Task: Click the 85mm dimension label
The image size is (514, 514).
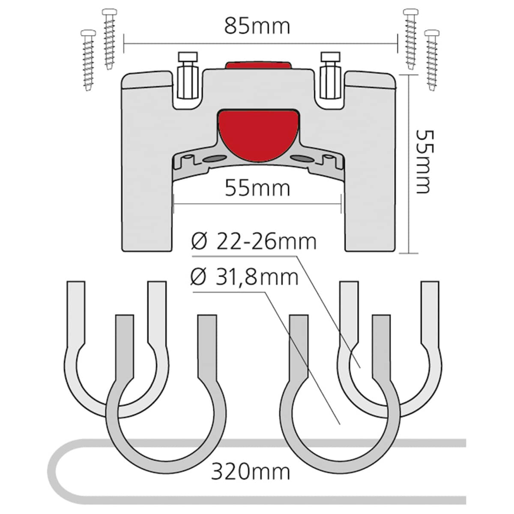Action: click(257, 27)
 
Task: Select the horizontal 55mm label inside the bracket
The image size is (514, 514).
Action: click(257, 188)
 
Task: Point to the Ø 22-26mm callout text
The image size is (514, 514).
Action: click(254, 242)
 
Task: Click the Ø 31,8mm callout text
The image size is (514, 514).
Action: click(245, 278)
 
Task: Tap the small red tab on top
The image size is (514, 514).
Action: click(258, 66)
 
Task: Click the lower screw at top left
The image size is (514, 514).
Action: click(88, 60)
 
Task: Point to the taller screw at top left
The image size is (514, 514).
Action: click(110, 39)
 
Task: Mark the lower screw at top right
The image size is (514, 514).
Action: click(432, 60)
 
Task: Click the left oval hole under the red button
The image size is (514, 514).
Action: click(214, 159)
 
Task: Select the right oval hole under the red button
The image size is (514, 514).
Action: click(303, 159)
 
